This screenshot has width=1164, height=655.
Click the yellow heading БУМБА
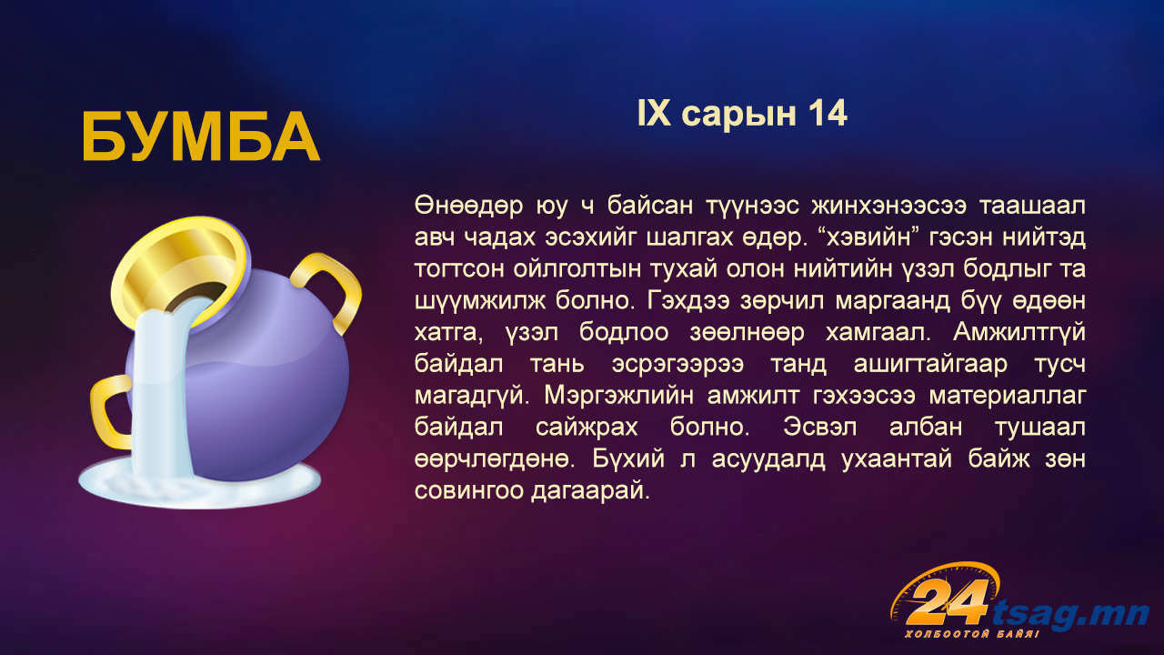(x=201, y=137)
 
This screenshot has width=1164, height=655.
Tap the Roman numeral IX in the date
(x=654, y=114)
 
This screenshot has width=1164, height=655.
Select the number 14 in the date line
(x=828, y=114)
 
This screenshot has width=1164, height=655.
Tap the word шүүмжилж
(x=479, y=301)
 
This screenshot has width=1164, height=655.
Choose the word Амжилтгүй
(x=1019, y=333)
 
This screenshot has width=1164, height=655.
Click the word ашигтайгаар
(x=930, y=365)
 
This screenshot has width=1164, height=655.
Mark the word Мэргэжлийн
(x=618, y=396)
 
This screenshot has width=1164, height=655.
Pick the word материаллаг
(x=1007, y=396)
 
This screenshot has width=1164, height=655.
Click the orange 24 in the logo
(x=947, y=602)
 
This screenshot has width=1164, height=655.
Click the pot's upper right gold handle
(x=333, y=289)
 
